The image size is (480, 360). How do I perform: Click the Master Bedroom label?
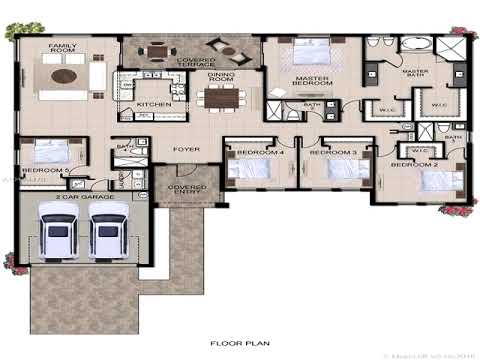(x=312, y=83)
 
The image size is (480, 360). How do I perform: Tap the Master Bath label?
(x=415, y=76)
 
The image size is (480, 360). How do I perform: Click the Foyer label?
(x=186, y=150)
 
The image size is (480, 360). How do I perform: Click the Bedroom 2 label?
(x=414, y=163)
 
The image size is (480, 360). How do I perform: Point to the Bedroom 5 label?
(x=46, y=170)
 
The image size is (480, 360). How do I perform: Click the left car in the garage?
(x=59, y=236)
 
